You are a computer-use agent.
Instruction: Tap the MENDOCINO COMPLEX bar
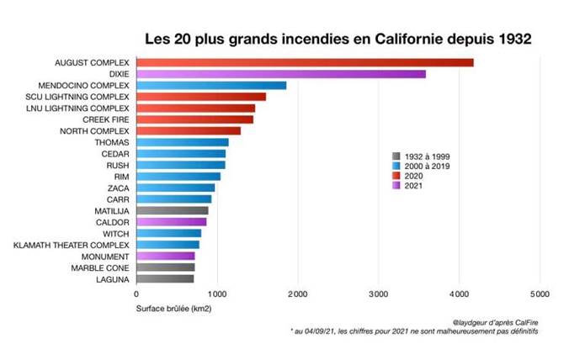211,85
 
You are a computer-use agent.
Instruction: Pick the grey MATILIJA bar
172,210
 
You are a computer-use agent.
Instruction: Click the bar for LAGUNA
165,278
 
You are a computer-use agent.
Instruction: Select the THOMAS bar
182,142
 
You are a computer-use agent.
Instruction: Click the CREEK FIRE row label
105,119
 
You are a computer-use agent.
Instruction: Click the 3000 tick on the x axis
378,294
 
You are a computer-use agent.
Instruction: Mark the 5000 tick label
540,294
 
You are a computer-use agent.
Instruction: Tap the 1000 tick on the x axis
216,294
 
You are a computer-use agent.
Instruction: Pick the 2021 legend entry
412,186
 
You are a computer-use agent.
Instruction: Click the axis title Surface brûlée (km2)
174,310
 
